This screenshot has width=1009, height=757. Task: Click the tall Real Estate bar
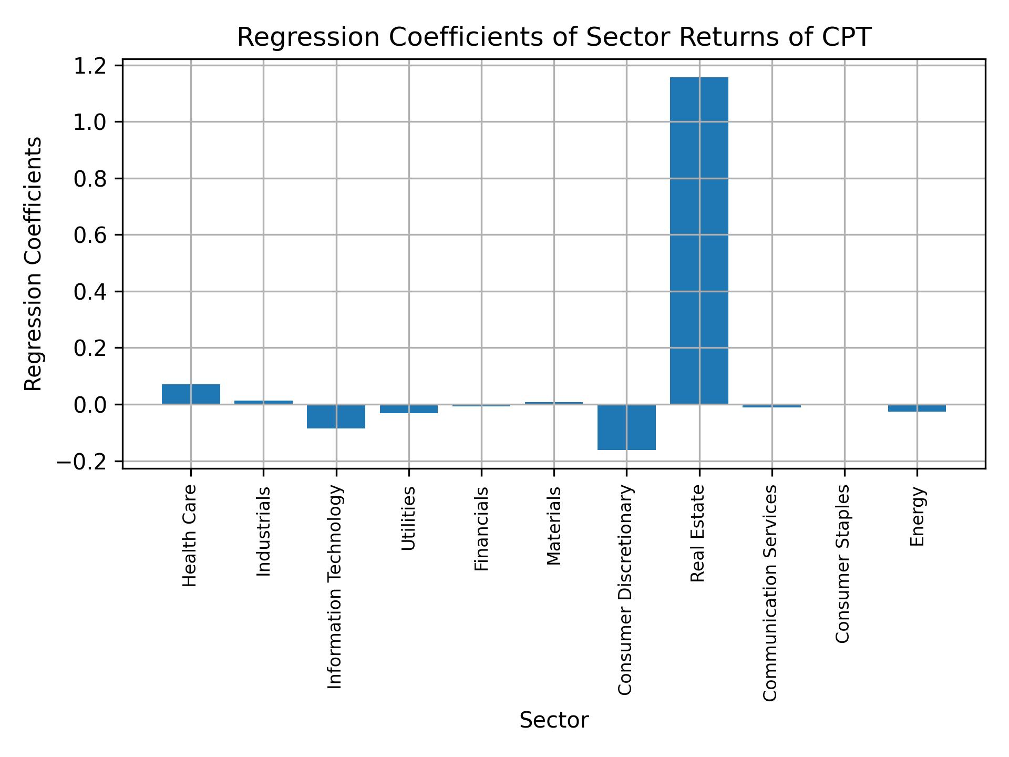click(x=699, y=241)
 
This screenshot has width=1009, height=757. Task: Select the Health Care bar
click(x=191, y=394)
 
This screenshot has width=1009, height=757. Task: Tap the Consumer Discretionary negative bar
click(x=626, y=427)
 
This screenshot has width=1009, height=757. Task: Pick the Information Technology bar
click(x=336, y=416)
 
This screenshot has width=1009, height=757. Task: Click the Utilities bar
click(x=409, y=409)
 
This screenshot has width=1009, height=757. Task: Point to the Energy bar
click(x=917, y=408)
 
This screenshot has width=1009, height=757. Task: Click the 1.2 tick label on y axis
click(x=90, y=66)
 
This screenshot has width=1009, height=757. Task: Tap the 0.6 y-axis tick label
click(x=90, y=236)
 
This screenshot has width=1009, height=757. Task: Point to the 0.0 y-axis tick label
click(x=90, y=405)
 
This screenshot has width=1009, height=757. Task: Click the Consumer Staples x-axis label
click(x=842, y=564)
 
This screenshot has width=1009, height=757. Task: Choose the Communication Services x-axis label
click(x=770, y=592)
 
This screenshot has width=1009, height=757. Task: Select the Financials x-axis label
click(x=481, y=528)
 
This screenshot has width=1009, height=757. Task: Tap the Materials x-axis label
click(x=554, y=526)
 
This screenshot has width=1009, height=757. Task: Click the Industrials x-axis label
click(x=263, y=531)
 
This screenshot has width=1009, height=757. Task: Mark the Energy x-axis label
click(x=917, y=516)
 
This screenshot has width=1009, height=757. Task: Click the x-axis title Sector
click(x=554, y=720)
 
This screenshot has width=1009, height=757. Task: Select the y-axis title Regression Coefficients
click(x=34, y=264)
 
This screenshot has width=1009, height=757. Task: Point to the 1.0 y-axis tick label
click(x=90, y=122)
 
